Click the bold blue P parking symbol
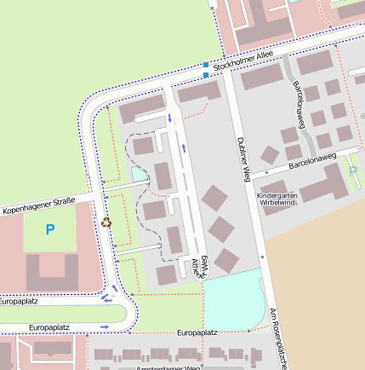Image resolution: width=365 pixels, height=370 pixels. [49, 229]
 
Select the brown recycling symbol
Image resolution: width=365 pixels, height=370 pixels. [106, 222]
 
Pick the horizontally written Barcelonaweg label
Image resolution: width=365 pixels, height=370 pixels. [312, 159]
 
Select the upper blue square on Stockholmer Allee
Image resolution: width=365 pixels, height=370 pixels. [206, 65]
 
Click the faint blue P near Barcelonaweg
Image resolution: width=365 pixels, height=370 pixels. [353, 171]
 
